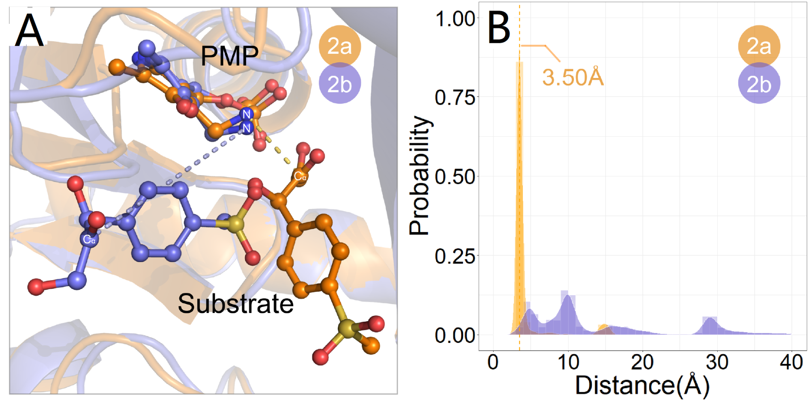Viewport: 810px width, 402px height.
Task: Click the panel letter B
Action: point(499,28)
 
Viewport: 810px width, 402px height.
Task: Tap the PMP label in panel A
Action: point(229,56)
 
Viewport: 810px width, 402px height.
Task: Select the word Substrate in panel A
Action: point(236,304)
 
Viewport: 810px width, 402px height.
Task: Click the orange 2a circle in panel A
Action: point(339,46)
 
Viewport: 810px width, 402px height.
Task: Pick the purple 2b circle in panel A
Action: point(339,84)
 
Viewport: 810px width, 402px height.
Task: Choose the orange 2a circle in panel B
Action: point(759,46)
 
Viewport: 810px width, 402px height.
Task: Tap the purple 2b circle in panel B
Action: point(759,84)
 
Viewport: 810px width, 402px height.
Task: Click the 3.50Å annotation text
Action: point(573,77)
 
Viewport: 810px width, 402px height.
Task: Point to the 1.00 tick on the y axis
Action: point(455,19)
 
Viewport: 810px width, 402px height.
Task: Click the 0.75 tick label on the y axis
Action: point(455,97)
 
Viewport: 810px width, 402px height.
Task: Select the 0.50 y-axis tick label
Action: point(455,177)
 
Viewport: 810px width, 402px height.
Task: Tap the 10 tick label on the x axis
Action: point(568,362)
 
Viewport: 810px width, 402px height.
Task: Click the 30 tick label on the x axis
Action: point(717,362)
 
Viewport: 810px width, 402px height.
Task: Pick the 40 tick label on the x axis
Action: point(791,362)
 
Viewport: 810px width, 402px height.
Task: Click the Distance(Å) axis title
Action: point(642,385)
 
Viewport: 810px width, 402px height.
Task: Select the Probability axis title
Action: point(419,176)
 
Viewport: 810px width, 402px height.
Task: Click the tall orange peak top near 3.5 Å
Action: point(519,63)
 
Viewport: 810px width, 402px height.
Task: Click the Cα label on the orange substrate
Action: point(300,176)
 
